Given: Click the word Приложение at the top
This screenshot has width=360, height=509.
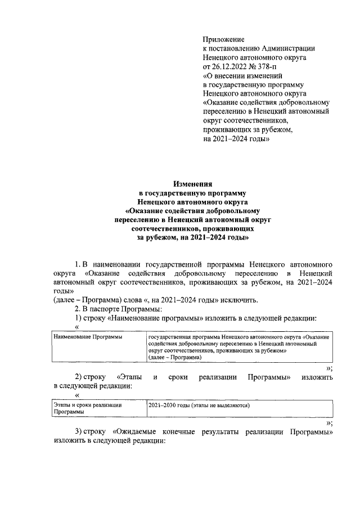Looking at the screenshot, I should [x=223, y=39].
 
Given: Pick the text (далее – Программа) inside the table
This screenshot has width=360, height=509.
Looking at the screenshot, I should [x=174, y=358].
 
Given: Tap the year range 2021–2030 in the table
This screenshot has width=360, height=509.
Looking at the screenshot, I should [x=160, y=404].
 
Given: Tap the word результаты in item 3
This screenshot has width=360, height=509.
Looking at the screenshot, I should [x=232, y=431].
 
